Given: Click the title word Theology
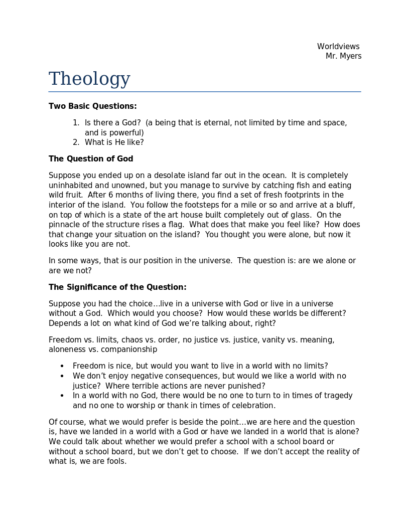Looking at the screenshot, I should tap(89, 79).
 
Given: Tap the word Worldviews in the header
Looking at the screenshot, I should tap(338, 47).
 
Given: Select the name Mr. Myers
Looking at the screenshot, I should tap(343, 56).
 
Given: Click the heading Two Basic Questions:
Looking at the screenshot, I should tap(92, 106).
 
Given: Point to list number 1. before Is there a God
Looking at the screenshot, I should tap(76, 123).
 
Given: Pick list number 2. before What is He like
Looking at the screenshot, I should tap(76, 142).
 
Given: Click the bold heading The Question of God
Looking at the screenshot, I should tap(91, 159).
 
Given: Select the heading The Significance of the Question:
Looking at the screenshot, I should tap(117, 287).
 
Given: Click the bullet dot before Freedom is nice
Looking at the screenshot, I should tap(62, 367).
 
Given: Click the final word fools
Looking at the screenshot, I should tap(116, 461).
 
